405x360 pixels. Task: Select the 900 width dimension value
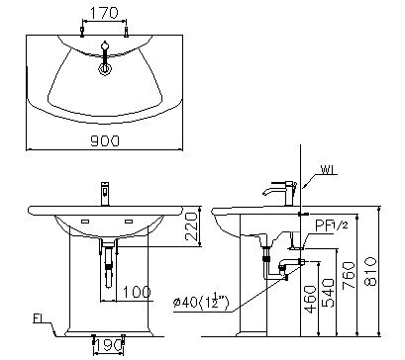pos(104,140)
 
